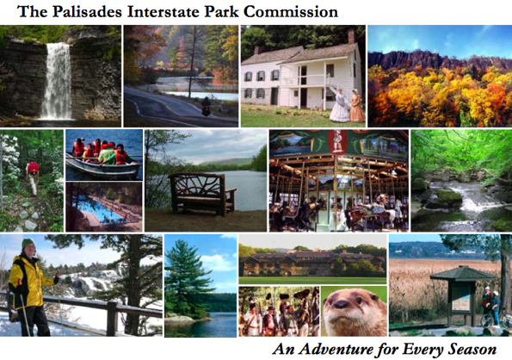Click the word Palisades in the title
click(87, 12)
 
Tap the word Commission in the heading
click(291, 12)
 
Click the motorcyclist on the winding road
click(206, 106)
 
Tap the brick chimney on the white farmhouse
click(351, 36)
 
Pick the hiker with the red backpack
click(33, 177)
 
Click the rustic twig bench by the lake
click(201, 194)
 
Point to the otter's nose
click(342, 305)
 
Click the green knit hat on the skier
click(28, 244)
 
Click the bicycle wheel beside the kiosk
click(485, 320)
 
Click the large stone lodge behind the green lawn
click(312, 263)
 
